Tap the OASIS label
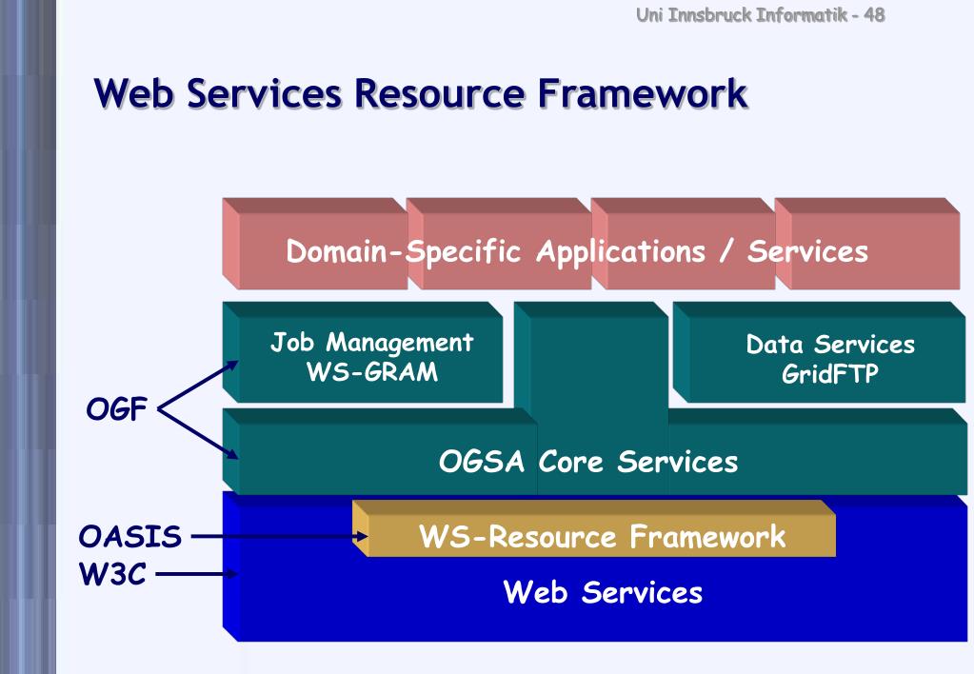(129, 538)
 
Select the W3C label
(111, 574)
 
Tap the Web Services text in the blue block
(602, 593)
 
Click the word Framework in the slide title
(635, 94)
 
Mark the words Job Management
(371, 343)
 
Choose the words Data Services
(830, 345)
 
